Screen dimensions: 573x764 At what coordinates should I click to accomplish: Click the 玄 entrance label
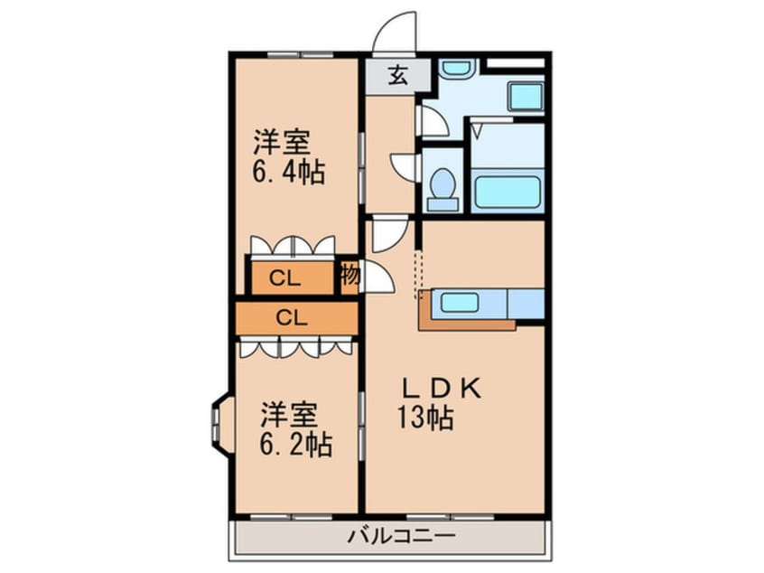pos(397,76)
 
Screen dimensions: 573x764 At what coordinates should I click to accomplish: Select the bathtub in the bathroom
pos(507,191)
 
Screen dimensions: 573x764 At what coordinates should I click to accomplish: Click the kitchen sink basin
pos(459,303)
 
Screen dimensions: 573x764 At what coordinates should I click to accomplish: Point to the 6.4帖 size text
pos(288,171)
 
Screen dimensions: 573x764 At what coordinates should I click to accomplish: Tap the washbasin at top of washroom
pos(457,68)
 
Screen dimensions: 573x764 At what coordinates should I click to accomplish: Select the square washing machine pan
pos(524,96)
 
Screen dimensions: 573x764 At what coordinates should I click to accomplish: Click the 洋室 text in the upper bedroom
pos(281,142)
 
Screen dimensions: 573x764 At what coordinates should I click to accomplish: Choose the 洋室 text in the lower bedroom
pos(289,416)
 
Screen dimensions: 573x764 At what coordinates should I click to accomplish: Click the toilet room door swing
pos(404,166)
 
